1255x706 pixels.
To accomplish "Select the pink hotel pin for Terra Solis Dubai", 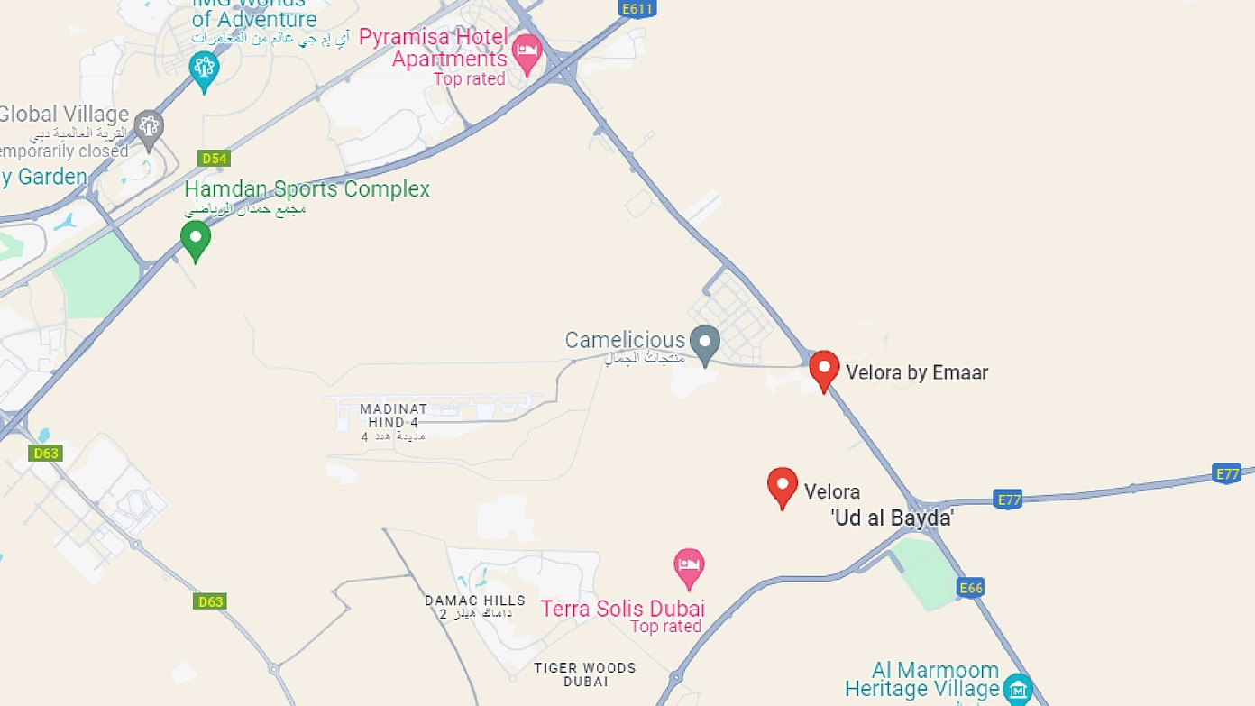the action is click(689, 567).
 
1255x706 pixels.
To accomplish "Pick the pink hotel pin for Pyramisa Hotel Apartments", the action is click(527, 52).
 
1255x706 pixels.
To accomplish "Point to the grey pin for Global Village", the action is click(149, 128).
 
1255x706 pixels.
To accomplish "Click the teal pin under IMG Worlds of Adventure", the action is click(205, 69).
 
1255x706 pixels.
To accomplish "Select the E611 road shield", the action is click(637, 9).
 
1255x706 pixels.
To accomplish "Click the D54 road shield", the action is click(214, 159).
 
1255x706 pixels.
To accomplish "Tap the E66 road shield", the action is click(970, 589).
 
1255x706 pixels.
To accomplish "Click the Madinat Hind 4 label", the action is click(394, 416).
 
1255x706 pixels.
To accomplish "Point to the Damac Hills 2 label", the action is click(475, 606).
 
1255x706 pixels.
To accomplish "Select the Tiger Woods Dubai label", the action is click(585, 674).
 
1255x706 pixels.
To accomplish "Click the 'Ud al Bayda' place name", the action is click(892, 518).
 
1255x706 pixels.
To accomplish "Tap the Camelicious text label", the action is click(626, 340).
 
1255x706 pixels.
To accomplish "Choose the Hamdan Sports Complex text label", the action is click(307, 189).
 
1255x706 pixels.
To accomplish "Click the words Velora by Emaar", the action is click(917, 372).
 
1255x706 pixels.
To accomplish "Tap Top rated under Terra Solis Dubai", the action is click(665, 627).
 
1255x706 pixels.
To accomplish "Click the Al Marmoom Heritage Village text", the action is click(922, 680).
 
